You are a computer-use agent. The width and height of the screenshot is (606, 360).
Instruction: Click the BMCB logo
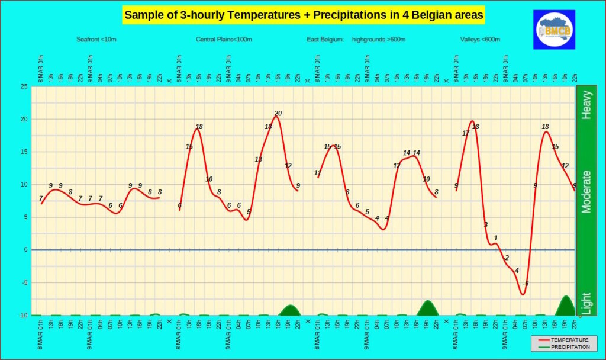[x=554, y=29]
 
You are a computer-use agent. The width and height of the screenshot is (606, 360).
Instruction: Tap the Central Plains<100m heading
[x=224, y=40]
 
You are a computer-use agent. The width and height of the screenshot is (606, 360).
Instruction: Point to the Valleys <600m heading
[x=481, y=40]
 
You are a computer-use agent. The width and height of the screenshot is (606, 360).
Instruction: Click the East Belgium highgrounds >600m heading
[x=356, y=40]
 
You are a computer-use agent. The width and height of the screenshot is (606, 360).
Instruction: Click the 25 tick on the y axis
[x=24, y=86]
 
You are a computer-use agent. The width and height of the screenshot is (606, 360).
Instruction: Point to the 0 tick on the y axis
[x=26, y=250]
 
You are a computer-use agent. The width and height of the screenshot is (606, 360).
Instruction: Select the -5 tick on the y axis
[x=25, y=282]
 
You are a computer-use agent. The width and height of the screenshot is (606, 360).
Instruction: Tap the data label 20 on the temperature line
[x=278, y=114]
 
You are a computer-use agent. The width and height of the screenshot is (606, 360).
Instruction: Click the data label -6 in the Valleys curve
[x=525, y=284]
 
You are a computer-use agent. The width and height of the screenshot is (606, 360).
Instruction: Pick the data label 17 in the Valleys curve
[x=466, y=133]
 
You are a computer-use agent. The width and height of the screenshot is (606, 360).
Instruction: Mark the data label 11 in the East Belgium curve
[x=318, y=173]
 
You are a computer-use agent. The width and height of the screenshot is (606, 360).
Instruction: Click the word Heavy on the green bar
[x=586, y=105]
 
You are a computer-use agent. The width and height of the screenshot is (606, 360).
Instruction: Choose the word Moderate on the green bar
[x=586, y=191]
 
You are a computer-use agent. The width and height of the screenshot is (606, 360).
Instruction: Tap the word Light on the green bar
[x=586, y=303]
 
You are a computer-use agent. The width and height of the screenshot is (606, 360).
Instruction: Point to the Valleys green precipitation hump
[x=566, y=306]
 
